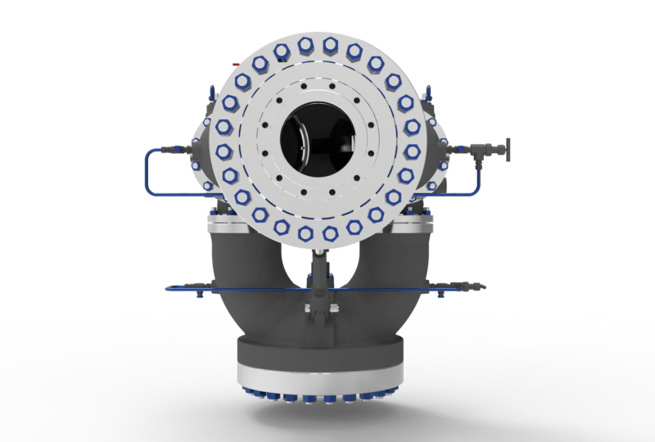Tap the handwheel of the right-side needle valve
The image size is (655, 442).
(507, 150)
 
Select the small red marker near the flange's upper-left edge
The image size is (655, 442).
(236, 63)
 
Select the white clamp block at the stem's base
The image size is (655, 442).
(318, 309)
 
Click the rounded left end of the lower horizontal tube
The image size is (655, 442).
(169, 288)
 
